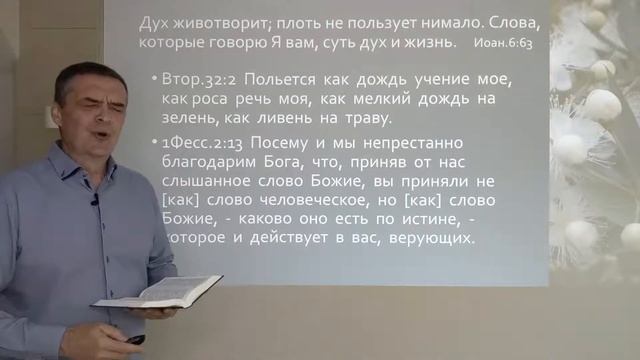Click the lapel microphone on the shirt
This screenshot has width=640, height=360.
coord(94,198)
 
